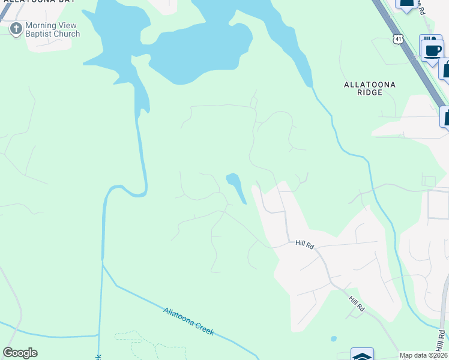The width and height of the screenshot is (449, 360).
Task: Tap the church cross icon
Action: pyautogui.click(x=16, y=28)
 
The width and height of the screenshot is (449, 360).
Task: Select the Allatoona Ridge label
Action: pyautogui.click(x=369, y=88)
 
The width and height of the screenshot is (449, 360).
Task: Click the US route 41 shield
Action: pyautogui.click(x=399, y=38)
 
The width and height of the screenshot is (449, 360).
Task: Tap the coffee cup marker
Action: pyautogui.click(x=432, y=49)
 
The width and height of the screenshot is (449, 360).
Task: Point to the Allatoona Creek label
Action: pyautogui.click(x=188, y=321)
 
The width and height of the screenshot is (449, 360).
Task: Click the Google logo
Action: pyautogui.click(x=20, y=353)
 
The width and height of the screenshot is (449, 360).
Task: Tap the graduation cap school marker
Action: pyautogui.click(x=362, y=355)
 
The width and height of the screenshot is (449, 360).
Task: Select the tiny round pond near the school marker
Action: pyautogui.click(x=334, y=339)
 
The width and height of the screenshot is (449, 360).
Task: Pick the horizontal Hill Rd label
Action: pyautogui.click(x=305, y=244)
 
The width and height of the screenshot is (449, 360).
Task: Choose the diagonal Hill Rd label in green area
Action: pyautogui.click(x=357, y=301)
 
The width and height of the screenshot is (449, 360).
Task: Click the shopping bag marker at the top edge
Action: pyautogui.click(x=407, y=3)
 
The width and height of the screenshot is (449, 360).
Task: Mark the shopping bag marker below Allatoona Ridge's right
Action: pyautogui.click(x=446, y=116)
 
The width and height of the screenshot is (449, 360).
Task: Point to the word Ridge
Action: pyautogui.click(x=369, y=93)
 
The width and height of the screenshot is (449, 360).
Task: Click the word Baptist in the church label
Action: pyautogui.click(x=41, y=34)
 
